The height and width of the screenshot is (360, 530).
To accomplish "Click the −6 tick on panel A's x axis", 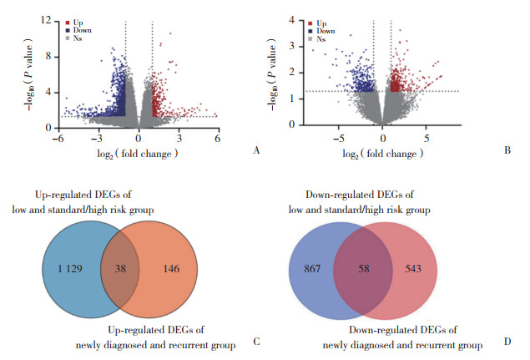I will tap(58, 139).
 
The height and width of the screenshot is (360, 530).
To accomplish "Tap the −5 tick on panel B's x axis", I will tap(338, 137).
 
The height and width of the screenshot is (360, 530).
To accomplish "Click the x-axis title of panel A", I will tap(138, 155).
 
